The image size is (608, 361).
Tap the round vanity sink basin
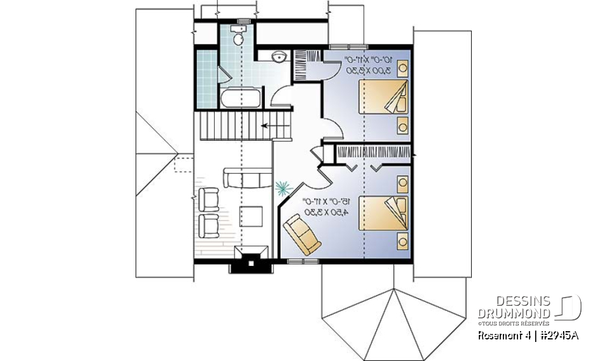click(278, 57)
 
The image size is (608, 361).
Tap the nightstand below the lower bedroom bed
click(402, 240)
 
